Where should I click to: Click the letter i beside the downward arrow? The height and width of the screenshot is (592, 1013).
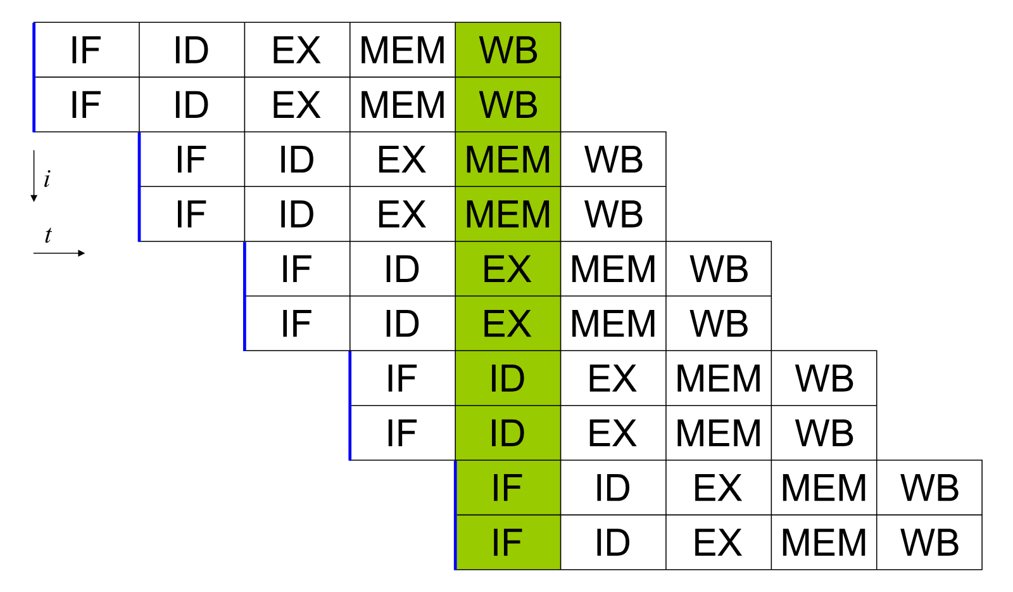(47, 179)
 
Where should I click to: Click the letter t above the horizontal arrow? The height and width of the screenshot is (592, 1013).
(48, 235)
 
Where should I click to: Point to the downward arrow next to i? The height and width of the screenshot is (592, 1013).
(34, 176)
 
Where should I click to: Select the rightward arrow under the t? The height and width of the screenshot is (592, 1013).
(60, 253)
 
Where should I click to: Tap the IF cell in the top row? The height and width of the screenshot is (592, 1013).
(86, 50)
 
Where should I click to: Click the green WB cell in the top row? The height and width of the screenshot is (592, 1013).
(508, 50)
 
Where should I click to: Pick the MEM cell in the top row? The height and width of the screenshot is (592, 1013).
(403, 50)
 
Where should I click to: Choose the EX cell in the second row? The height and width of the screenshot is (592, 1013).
(297, 105)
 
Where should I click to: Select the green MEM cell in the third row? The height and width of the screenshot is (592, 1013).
(508, 159)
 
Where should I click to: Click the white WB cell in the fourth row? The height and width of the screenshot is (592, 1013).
(613, 214)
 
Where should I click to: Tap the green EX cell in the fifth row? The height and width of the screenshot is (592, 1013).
(508, 269)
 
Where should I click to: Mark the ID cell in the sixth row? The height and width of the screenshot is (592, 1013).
(403, 324)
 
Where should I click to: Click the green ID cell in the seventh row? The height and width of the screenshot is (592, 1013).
(508, 378)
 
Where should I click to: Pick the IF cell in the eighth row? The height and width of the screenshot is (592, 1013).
(403, 433)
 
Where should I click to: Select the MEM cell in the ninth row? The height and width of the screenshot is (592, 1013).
(824, 488)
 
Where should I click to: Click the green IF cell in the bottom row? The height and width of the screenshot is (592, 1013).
(508, 542)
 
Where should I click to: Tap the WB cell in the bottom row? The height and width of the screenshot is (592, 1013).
(929, 542)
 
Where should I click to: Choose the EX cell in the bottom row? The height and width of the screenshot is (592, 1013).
(719, 542)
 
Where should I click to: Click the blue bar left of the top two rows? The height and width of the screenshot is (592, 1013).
(34, 77)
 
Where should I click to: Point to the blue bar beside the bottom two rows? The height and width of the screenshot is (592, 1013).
(455, 515)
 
